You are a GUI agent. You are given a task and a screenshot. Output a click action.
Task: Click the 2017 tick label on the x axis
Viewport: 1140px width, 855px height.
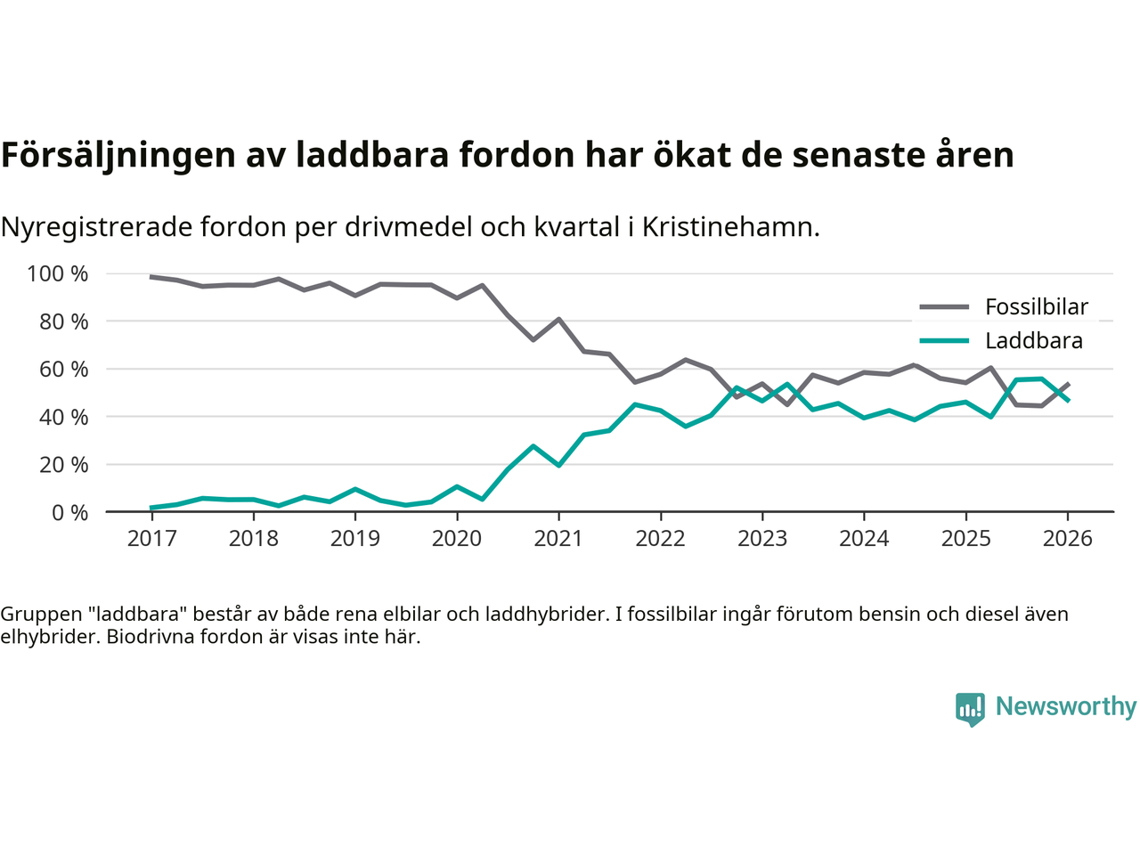pos(151,539)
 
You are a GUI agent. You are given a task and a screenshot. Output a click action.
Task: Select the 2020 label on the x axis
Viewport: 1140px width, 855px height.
pos(457,539)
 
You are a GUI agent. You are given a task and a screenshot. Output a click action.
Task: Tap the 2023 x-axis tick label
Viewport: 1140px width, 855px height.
pos(762,539)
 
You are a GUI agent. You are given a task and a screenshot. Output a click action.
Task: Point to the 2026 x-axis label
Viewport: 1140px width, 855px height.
pos(1067,539)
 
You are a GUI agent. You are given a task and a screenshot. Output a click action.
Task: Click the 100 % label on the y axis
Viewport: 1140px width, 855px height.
pos(58,273)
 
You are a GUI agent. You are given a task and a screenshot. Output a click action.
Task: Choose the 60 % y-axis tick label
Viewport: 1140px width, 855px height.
pos(63,369)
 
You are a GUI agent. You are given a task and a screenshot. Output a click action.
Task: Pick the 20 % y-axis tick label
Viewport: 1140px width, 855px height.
pos(63,464)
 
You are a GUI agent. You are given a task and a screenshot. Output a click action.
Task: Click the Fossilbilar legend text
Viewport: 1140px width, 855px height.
pos(1037,307)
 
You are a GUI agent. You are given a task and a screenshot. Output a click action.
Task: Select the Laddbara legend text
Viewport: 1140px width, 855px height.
pos(1034,341)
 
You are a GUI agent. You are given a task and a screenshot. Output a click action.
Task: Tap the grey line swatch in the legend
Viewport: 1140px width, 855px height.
pos(943,307)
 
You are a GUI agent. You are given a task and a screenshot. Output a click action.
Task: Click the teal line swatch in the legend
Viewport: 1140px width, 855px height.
pos(943,341)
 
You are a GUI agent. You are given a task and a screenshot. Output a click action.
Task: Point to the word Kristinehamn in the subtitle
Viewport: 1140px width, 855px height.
pos(729,227)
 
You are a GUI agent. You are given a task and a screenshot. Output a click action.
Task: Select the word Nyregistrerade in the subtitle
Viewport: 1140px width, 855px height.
pos(96,227)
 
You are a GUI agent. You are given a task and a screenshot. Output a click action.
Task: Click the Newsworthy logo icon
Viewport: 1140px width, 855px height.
pos(970,709)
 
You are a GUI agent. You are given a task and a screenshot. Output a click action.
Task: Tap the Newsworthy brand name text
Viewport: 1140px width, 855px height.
pos(1065,706)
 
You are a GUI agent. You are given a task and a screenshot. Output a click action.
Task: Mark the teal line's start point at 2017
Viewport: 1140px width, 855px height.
pos(151,508)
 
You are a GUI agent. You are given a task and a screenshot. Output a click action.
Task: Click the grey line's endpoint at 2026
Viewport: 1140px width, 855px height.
pos(1068,384)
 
